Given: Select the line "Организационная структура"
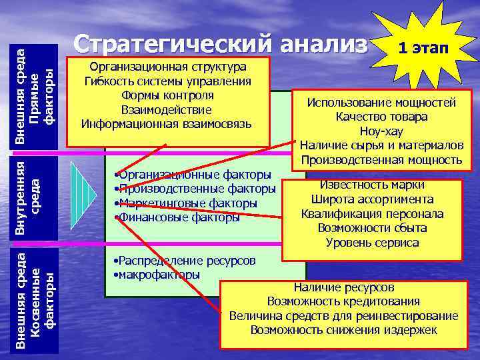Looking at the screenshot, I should pos(167,67).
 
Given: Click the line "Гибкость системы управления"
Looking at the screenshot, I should pos(167,81).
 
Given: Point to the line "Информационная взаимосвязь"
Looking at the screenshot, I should pos(166,123).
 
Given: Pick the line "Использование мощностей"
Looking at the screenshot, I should pos(381,103).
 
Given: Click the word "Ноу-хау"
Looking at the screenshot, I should pos(381,131).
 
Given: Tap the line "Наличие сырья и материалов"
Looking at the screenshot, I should pos(381,145).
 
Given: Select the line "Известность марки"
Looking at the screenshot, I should pos(372,185).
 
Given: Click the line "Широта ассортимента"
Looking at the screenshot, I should pos(372,199).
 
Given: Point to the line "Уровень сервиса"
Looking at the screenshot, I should pos(372,243).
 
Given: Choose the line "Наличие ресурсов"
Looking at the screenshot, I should pos(344,287).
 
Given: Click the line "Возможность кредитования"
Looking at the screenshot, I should pos(343,301).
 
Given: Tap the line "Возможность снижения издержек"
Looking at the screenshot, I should pos(343,330).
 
